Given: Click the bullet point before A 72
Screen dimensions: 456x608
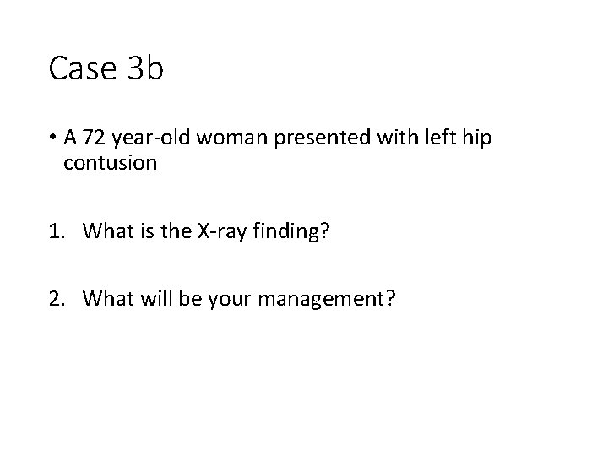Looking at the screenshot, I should coord(53,138).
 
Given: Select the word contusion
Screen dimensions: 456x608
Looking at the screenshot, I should coord(110,164).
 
